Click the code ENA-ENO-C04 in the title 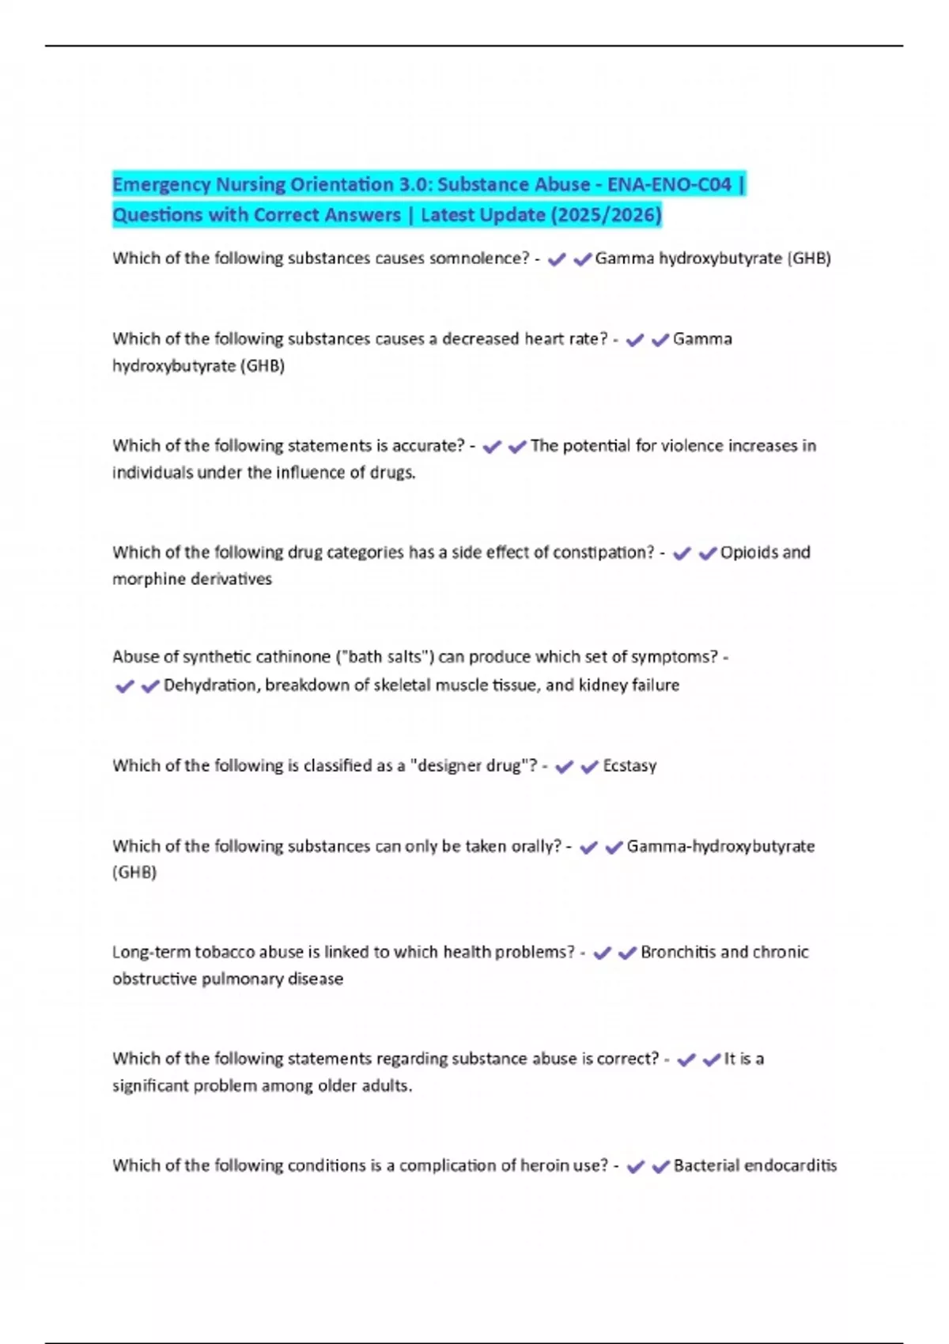(669, 185)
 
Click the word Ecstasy (630, 766)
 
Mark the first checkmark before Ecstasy (564, 767)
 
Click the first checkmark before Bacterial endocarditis (635, 1166)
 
